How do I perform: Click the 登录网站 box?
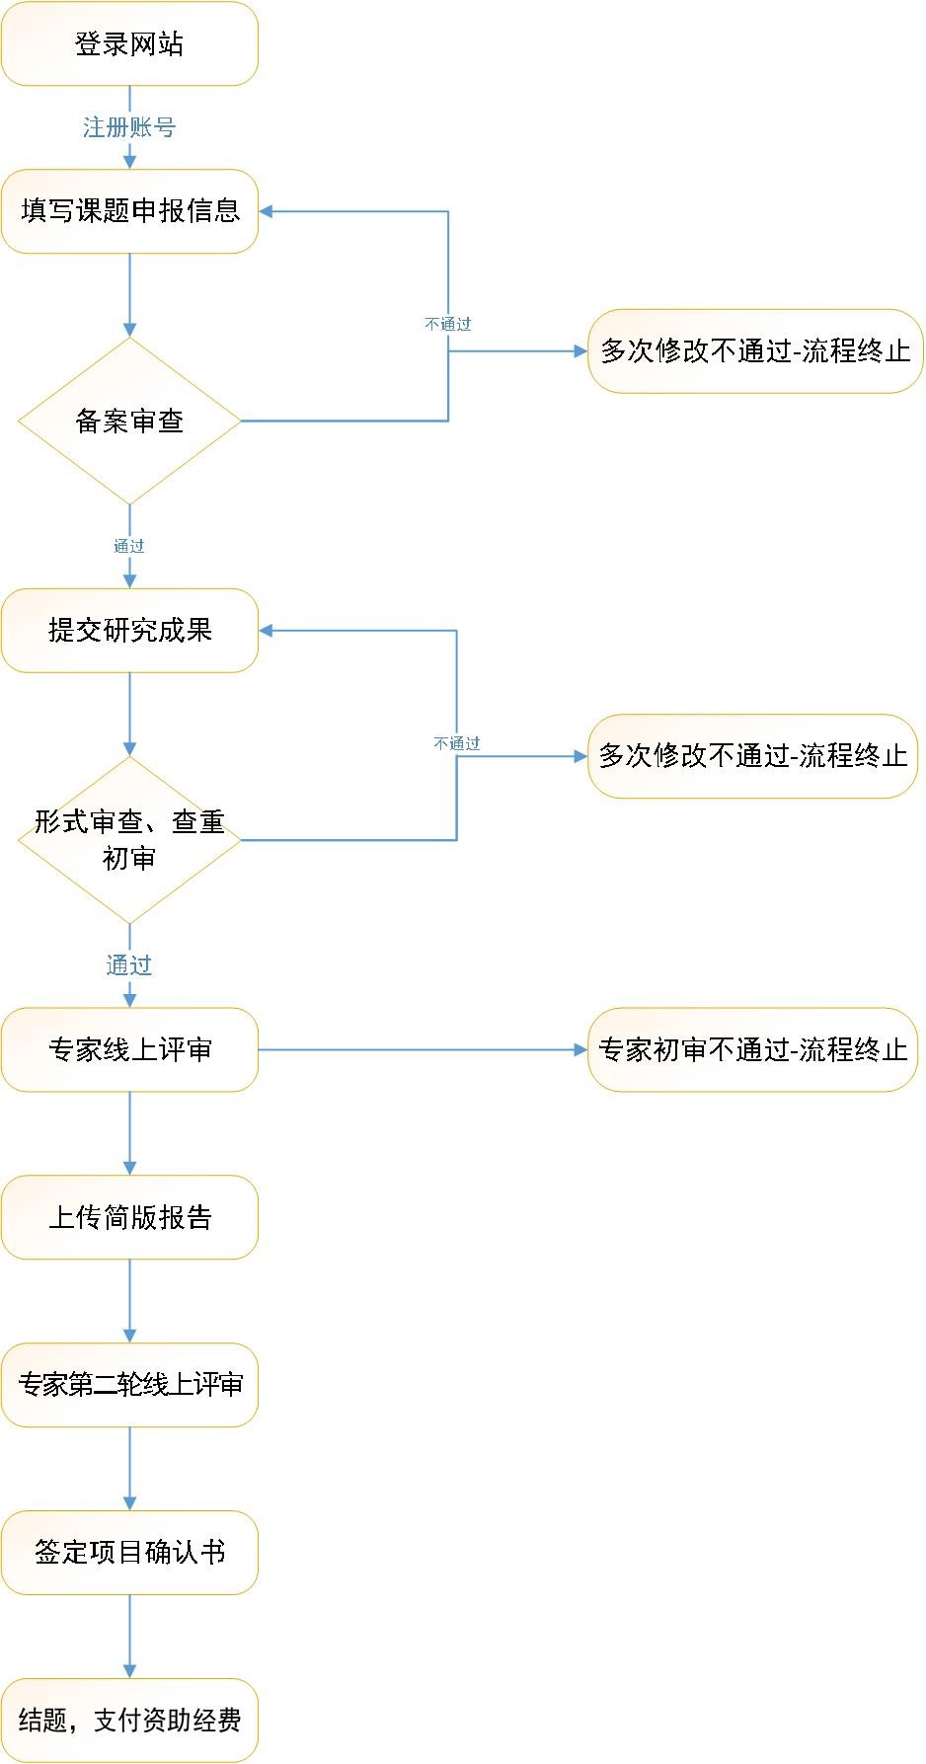click(129, 43)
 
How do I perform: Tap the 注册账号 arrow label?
click(129, 127)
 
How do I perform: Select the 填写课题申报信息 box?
click(129, 210)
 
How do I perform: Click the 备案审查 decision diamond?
click(129, 422)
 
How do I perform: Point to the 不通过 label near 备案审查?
click(448, 324)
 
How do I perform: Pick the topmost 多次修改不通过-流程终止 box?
click(755, 351)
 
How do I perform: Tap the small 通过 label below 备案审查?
click(129, 546)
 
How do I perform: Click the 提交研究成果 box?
click(129, 630)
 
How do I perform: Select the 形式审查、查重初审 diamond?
click(129, 840)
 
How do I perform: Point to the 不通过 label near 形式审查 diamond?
click(457, 743)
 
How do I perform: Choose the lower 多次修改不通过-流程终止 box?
click(753, 756)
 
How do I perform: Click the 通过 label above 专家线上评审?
click(129, 965)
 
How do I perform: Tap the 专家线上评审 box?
click(129, 1049)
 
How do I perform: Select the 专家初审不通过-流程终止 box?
click(753, 1049)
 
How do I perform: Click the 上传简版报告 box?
click(129, 1217)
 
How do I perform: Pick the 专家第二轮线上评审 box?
click(129, 1385)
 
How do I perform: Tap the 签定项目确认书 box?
click(129, 1552)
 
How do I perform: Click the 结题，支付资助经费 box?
click(129, 1720)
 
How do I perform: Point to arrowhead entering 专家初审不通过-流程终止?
click(581, 1049)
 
